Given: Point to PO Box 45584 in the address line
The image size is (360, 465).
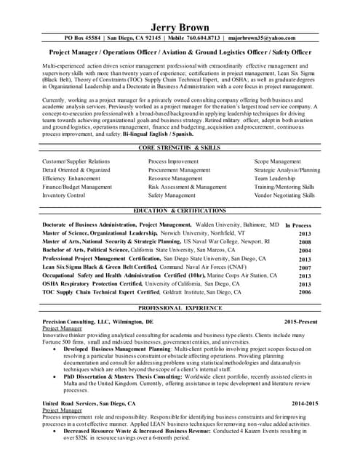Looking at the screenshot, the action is pos(83,38).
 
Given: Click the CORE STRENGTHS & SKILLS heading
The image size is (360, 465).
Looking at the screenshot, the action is pos(179,147).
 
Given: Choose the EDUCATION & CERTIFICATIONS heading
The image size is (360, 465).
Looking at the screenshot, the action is pos(179,211).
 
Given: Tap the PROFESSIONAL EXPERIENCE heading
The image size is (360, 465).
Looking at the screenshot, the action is pos(179,308).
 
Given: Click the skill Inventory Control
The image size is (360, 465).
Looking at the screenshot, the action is pos(64,195).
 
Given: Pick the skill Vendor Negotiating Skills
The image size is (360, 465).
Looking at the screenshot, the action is pos(284,195).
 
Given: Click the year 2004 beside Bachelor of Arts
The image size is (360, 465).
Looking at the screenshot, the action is pos(304,251).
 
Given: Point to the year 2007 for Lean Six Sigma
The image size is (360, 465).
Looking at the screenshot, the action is pos(304,267).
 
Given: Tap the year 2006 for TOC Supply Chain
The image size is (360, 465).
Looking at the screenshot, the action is pos(304,292).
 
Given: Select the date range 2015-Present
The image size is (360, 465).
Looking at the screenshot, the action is pos(300,321).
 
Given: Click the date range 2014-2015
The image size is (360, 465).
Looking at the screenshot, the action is pos(305,403).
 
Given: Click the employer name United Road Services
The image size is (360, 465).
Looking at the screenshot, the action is pos(73,403).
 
